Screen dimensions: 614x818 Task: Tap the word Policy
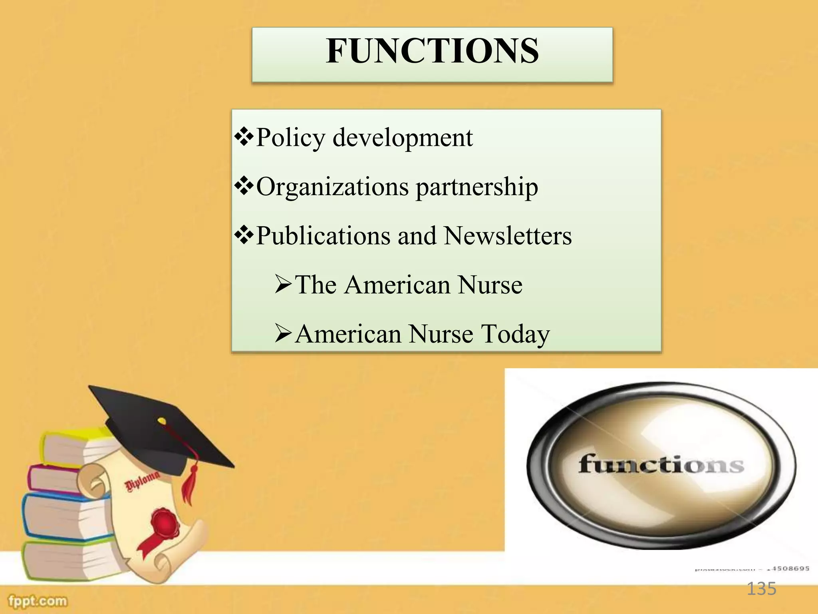pos(290,138)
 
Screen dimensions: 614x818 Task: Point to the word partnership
pos(477,187)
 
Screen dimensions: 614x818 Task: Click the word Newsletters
pos(508,236)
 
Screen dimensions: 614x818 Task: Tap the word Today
pos(515,334)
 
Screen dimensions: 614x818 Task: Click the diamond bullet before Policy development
pos(244,137)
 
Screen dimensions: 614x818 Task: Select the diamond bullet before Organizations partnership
pos(244,186)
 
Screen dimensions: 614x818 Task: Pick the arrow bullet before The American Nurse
pos(284,285)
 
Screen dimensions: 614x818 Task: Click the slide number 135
pos(761,589)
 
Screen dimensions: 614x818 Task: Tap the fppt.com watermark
pos(38,601)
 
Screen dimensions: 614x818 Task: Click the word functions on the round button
pos(661,465)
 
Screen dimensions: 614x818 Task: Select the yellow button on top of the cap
pos(161,421)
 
